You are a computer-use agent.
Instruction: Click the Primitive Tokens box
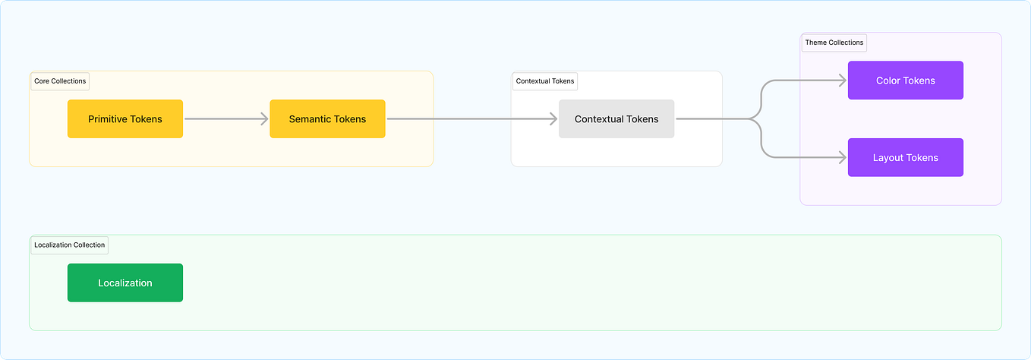(x=125, y=119)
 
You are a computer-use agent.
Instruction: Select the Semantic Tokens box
(x=327, y=119)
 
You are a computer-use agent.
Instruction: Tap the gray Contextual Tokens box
(x=616, y=119)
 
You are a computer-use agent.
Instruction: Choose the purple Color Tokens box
(x=905, y=81)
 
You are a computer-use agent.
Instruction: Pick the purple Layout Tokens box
(x=905, y=158)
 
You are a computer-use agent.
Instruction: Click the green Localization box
(x=125, y=283)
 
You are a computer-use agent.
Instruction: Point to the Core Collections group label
(x=60, y=81)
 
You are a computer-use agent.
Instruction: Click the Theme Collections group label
(x=834, y=43)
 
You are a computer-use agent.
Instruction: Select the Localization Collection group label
(x=69, y=245)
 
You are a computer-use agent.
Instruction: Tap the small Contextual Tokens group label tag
(x=545, y=81)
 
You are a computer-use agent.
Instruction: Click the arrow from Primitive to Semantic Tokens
(x=226, y=119)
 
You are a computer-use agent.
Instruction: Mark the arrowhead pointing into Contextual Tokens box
(x=553, y=119)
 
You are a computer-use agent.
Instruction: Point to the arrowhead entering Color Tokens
(x=842, y=81)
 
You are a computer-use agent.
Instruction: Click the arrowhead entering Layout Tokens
(x=842, y=158)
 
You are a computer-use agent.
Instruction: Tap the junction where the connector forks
(x=751, y=119)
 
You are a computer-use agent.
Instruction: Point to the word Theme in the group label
(x=815, y=43)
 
